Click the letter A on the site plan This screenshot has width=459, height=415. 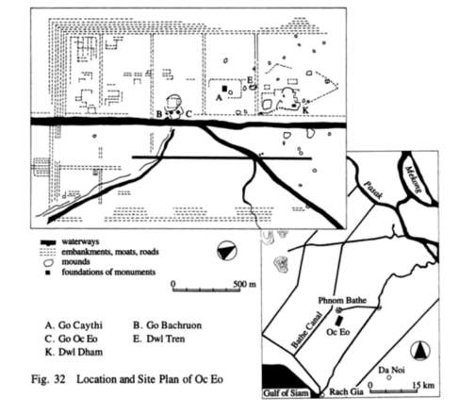[x=219, y=98]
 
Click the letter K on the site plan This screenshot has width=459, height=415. [x=305, y=110]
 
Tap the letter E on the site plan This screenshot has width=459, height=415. [x=250, y=80]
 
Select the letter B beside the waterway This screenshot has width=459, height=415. [x=159, y=114]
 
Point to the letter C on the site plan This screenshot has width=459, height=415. [x=189, y=114]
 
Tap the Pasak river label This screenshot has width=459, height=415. [x=373, y=190]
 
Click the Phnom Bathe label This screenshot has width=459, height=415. [x=342, y=300]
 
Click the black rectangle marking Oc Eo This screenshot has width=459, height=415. [x=338, y=321]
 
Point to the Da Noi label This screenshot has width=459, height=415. [x=391, y=370]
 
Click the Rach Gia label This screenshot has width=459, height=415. [x=346, y=391]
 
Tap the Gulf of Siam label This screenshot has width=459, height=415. [x=286, y=393]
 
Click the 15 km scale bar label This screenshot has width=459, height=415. [x=423, y=385]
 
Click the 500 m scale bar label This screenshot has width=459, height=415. [x=244, y=284]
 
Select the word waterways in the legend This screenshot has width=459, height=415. [x=80, y=241]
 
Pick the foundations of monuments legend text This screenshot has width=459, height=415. [x=108, y=272]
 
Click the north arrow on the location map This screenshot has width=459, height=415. [x=420, y=351]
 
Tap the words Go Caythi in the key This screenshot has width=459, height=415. [x=80, y=325]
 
